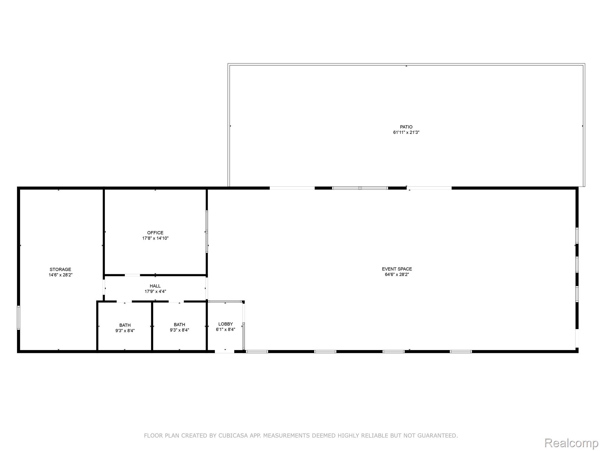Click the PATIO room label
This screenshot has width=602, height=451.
[x=406, y=127]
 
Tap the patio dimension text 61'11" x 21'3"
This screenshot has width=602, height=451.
[x=406, y=132]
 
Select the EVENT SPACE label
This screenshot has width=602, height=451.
[x=397, y=269]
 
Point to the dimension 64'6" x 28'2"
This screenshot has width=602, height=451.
[x=397, y=275]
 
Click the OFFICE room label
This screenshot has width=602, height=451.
[x=155, y=233]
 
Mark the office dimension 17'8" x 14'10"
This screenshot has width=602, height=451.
[x=155, y=238]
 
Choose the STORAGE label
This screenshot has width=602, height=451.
[x=60, y=270]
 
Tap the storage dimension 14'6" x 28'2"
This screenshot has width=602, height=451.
[x=60, y=275]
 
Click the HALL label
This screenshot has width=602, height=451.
[x=155, y=286]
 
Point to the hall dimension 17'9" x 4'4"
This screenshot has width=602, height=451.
[x=155, y=292]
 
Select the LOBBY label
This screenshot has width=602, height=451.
[x=225, y=324]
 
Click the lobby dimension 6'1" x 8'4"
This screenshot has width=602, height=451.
[x=225, y=329]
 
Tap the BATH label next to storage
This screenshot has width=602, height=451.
[x=125, y=325]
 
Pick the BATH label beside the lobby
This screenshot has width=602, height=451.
[x=179, y=325]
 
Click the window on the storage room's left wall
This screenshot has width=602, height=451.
[x=19, y=318]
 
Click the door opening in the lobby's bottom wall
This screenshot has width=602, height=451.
[x=225, y=351]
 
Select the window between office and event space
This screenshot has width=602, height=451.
[x=207, y=232]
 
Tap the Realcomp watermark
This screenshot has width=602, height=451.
[x=571, y=442]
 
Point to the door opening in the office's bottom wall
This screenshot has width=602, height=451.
[x=132, y=275]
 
